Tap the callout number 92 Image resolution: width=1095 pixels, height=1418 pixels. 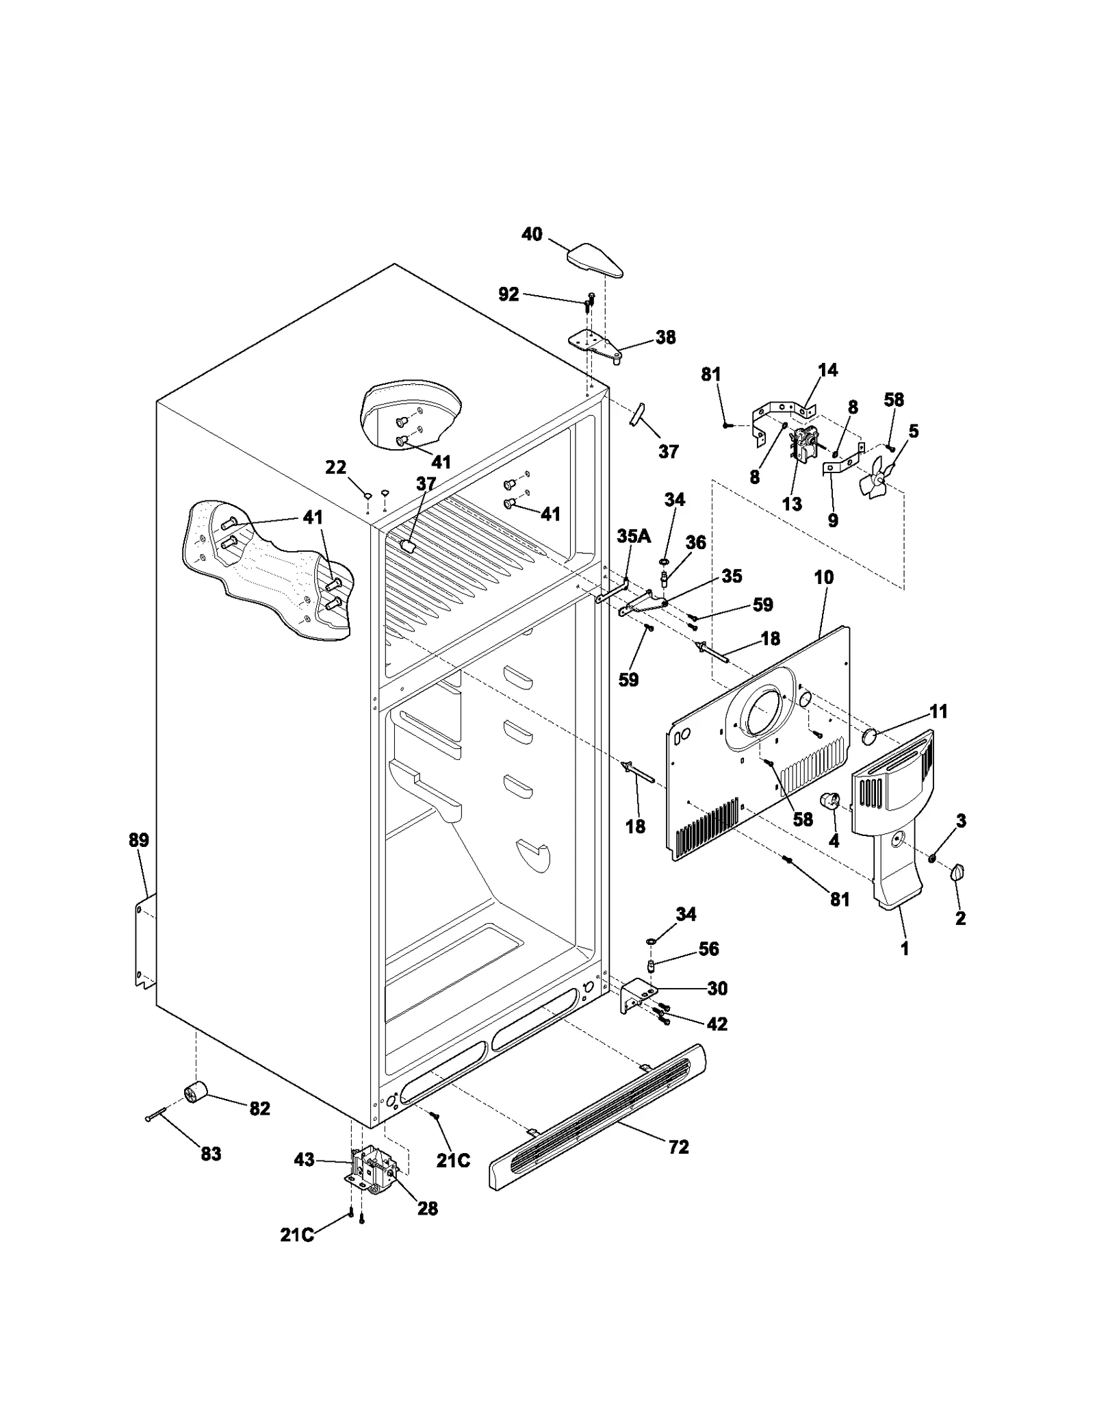coord(508,294)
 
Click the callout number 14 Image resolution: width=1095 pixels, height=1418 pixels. coord(827,370)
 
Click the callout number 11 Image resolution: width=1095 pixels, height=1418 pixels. coord(938,711)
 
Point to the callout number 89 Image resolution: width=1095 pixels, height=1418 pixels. coord(139,840)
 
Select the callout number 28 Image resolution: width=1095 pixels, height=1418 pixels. coord(428,1208)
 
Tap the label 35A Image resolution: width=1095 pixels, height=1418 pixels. coord(634,536)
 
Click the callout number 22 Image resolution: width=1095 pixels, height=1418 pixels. coord(335,467)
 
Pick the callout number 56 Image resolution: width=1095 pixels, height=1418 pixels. coord(708,948)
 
